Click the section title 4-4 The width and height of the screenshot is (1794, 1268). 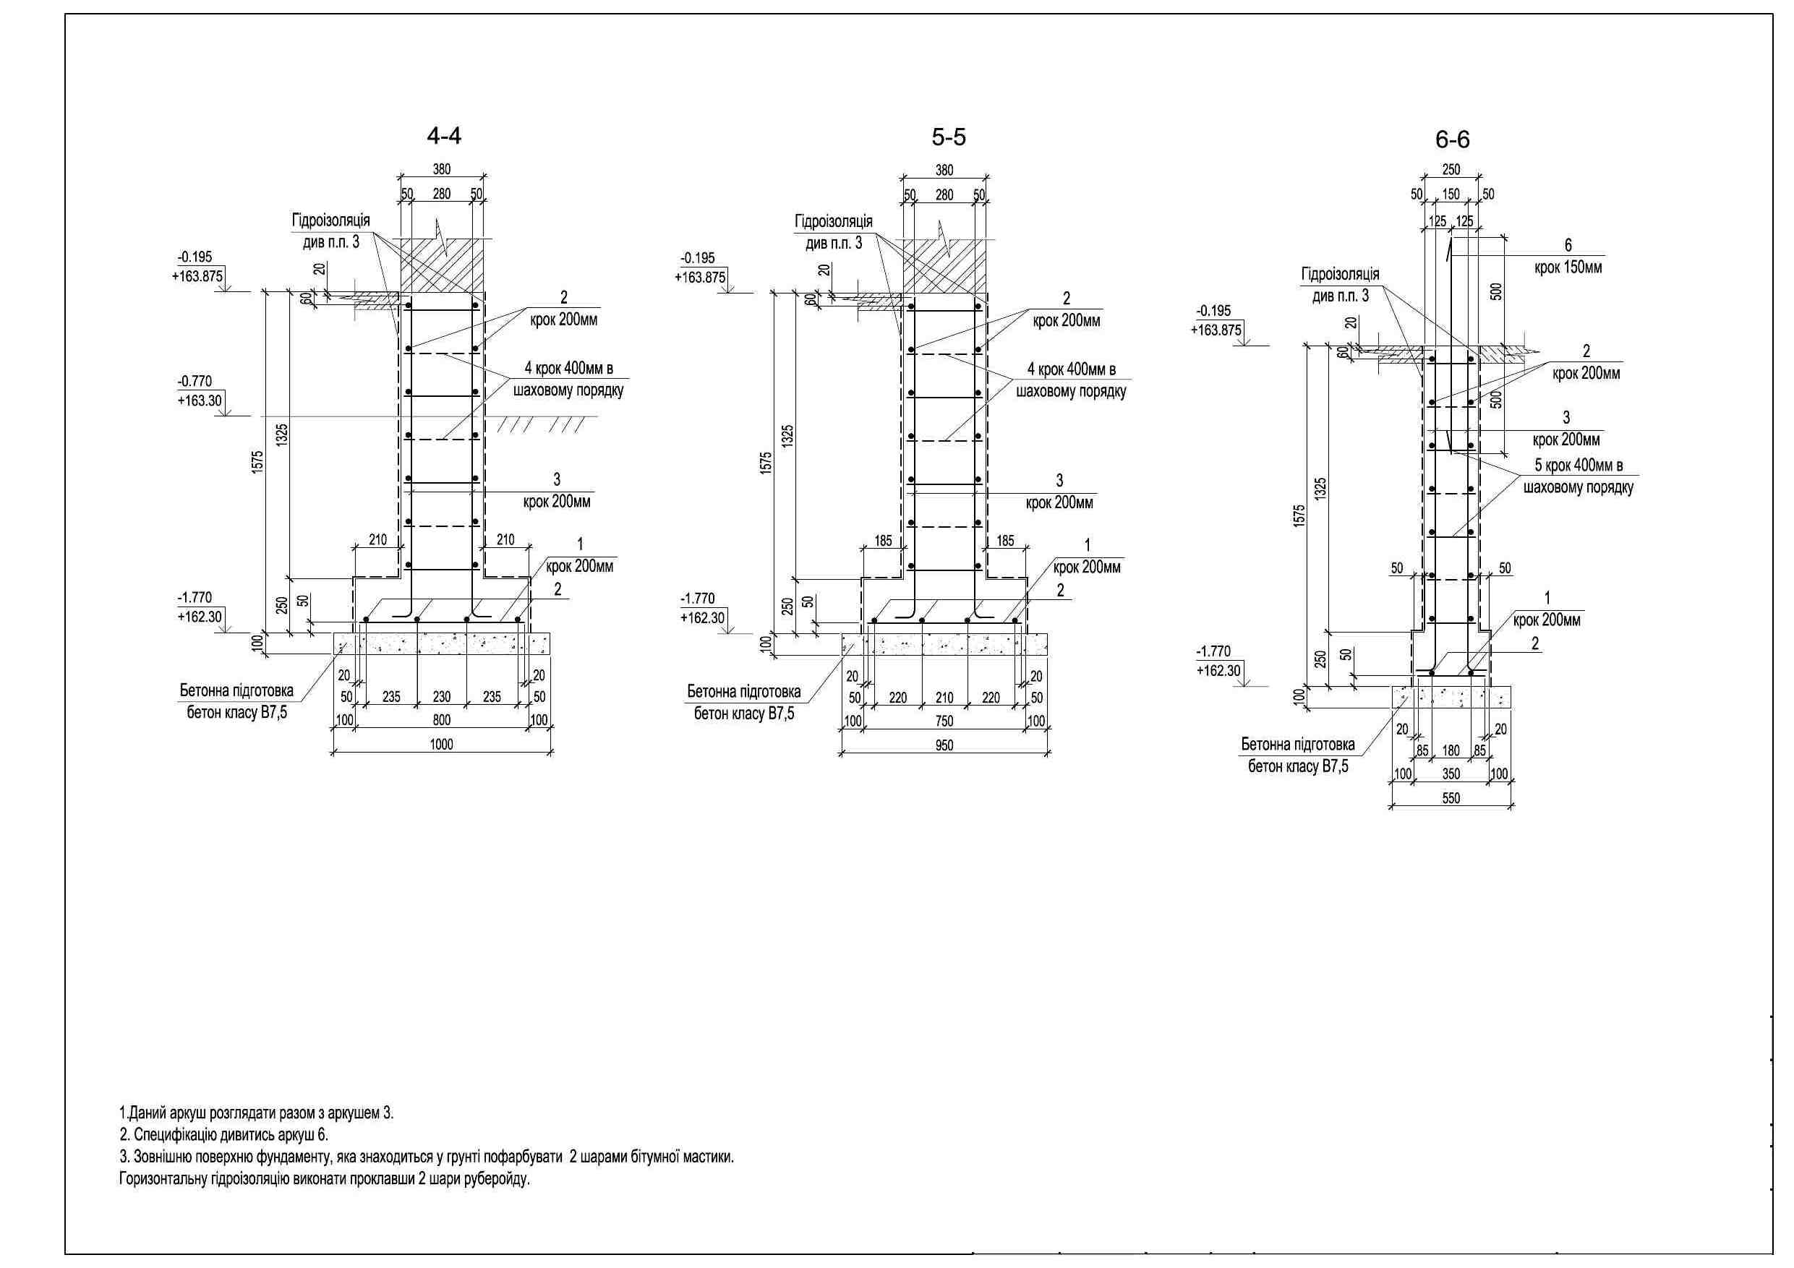pyautogui.click(x=444, y=136)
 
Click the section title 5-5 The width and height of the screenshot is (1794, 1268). pyautogui.click(x=949, y=137)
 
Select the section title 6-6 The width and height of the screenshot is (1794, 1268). pyautogui.click(x=1453, y=140)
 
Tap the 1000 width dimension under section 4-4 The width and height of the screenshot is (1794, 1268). pyautogui.click(x=442, y=745)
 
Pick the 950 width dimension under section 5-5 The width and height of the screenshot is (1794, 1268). pyautogui.click(x=944, y=746)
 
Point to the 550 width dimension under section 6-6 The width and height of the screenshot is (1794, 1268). pyautogui.click(x=1451, y=798)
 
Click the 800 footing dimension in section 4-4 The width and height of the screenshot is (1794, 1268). pyautogui.click(x=442, y=720)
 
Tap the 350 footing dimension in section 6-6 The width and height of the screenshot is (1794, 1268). pyautogui.click(x=1451, y=774)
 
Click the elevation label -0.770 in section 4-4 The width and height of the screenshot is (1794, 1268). pyautogui.click(x=195, y=381)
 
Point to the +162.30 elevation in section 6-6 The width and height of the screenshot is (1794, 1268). pyautogui.click(x=1218, y=670)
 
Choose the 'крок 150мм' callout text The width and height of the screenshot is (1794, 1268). pyautogui.click(x=1568, y=267)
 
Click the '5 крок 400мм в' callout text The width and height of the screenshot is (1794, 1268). pyautogui.click(x=1579, y=466)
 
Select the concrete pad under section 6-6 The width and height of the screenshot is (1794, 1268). pyautogui.click(x=1451, y=698)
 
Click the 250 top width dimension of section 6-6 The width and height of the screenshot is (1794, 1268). pyautogui.click(x=1451, y=170)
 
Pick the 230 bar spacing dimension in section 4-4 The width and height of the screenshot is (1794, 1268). pyautogui.click(x=442, y=696)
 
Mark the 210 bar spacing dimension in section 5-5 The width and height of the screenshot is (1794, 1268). pyautogui.click(x=944, y=698)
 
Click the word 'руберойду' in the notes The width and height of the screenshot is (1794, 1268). pyautogui.click(x=497, y=1179)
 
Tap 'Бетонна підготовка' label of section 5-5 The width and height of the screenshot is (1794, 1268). pyautogui.click(x=744, y=691)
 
